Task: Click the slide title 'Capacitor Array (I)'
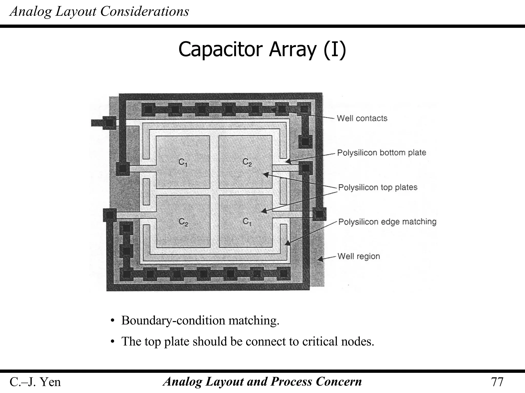(262, 50)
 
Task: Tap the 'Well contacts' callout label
(362, 118)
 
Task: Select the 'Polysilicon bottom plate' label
(381, 153)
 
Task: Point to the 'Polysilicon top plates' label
(378, 187)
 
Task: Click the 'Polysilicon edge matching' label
(387, 222)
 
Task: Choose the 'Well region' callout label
(358, 256)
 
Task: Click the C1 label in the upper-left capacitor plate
(183, 162)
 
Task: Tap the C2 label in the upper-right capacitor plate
(247, 162)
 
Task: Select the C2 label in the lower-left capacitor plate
(183, 222)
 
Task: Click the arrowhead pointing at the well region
(320, 259)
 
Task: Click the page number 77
(497, 382)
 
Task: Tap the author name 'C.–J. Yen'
(35, 382)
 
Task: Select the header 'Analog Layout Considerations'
(99, 12)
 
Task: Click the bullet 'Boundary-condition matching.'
(200, 320)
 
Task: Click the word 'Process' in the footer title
(291, 381)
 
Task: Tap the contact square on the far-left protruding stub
(109, 123)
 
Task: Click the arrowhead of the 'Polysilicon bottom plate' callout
(288, 161)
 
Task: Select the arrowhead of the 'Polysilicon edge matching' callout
(288, 243)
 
